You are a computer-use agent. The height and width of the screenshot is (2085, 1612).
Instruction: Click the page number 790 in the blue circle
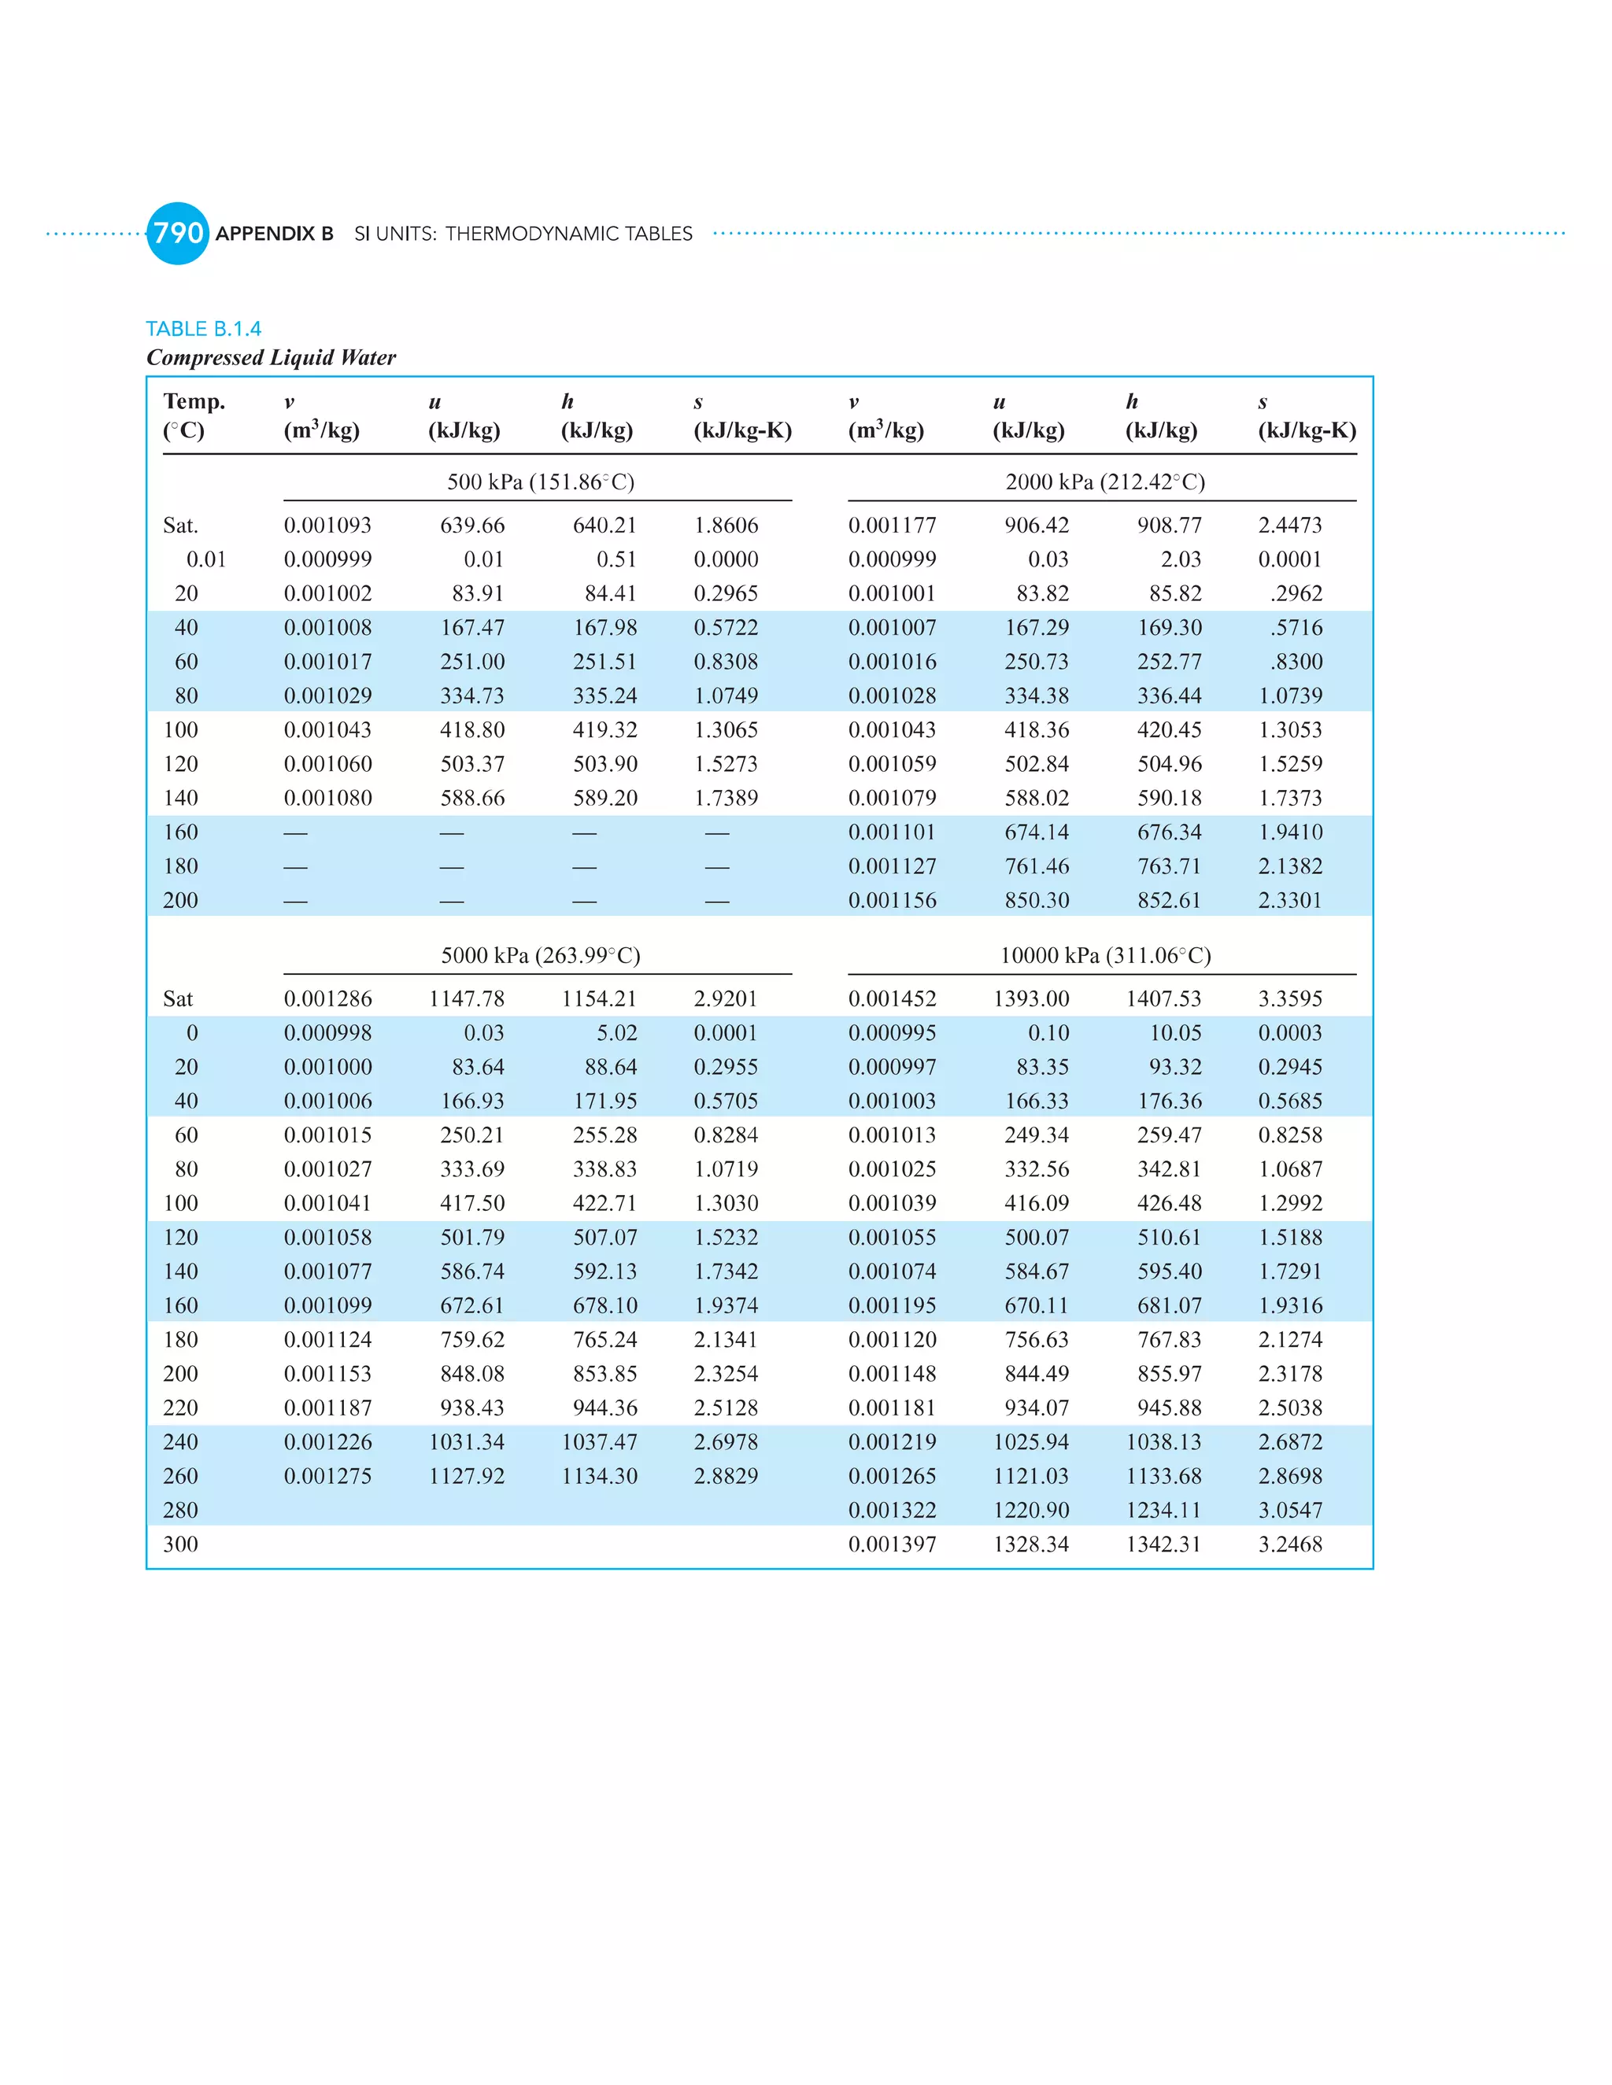tap(178, 233)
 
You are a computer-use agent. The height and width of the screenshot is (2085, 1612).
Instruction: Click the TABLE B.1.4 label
tap(203, 328)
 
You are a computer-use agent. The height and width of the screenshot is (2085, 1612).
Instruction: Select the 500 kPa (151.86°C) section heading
tap(541, 482)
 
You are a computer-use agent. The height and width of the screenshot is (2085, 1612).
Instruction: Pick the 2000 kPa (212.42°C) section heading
tap(1105, 482)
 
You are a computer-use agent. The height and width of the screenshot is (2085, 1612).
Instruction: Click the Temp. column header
tap(194, 401)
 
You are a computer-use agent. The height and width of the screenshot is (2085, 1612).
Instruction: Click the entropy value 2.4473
tap(1289, 525)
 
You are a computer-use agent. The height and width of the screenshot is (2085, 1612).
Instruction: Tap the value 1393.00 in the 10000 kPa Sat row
tap(1030, 998)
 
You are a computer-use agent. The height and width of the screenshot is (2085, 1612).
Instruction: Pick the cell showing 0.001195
tap(892, 1305)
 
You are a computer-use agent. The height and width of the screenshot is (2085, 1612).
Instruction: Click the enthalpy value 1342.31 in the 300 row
tap(1163, 1544)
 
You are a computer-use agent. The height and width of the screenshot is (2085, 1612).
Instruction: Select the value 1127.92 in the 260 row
tap(466, 1476)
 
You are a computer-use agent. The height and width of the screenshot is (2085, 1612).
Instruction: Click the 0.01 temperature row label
tap(205, 559)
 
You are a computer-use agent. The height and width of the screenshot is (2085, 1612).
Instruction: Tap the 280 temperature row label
tap(180, 1511)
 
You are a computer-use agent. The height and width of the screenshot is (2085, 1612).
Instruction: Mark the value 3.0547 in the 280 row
tap(1289, 1511)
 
